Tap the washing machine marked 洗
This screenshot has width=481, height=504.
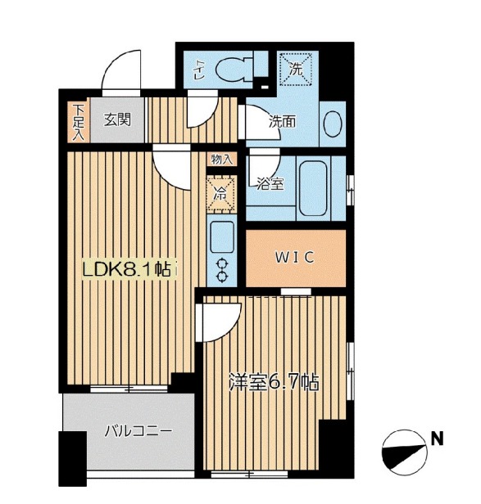point(296,69)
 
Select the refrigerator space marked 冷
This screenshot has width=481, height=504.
point(221,194)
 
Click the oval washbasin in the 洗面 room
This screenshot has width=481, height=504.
point(333,124)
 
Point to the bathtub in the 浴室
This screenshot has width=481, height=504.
point(313,188)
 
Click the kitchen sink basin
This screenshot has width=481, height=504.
point(222,237)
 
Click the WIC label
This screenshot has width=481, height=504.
point(294,258)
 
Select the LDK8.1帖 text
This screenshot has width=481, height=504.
point(126,269)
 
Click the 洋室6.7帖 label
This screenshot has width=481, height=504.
point(274,382)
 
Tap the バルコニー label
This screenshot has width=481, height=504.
point(138,430)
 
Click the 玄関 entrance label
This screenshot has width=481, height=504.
point(117,119)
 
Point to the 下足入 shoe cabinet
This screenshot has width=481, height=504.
point(79,122)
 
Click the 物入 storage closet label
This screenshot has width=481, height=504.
point(222,160)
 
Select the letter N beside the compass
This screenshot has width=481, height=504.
point(437,439)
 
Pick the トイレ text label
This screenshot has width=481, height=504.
point(197,70)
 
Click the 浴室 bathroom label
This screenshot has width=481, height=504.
point(270,183)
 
